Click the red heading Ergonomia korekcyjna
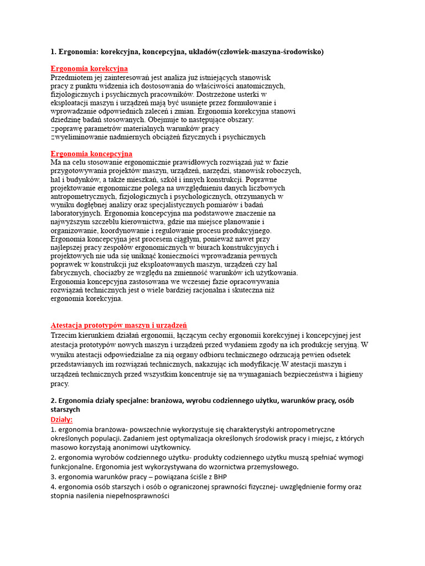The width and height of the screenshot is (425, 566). pos(89,69)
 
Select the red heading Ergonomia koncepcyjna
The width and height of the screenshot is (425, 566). pos(91,154)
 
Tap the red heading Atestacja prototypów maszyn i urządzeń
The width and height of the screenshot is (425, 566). pos(118,326)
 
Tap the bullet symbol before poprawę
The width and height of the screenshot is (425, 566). pos(53,128)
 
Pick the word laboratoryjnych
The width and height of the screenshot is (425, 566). pos(75,213)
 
